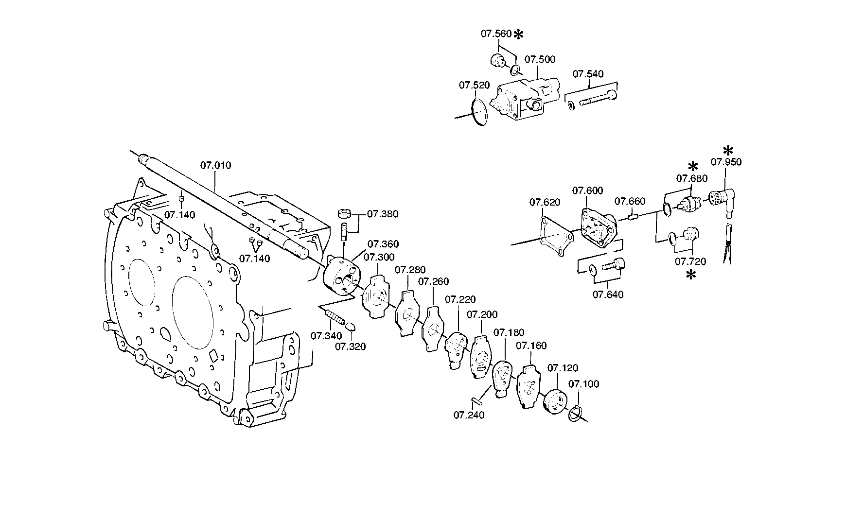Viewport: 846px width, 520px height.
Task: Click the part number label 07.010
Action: tap(216, 166)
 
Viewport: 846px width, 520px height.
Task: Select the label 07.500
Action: tap(540, 59)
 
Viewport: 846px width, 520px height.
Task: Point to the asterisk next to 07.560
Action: tap(519, 35)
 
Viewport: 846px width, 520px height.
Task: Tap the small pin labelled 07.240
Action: tap(476, 400)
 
